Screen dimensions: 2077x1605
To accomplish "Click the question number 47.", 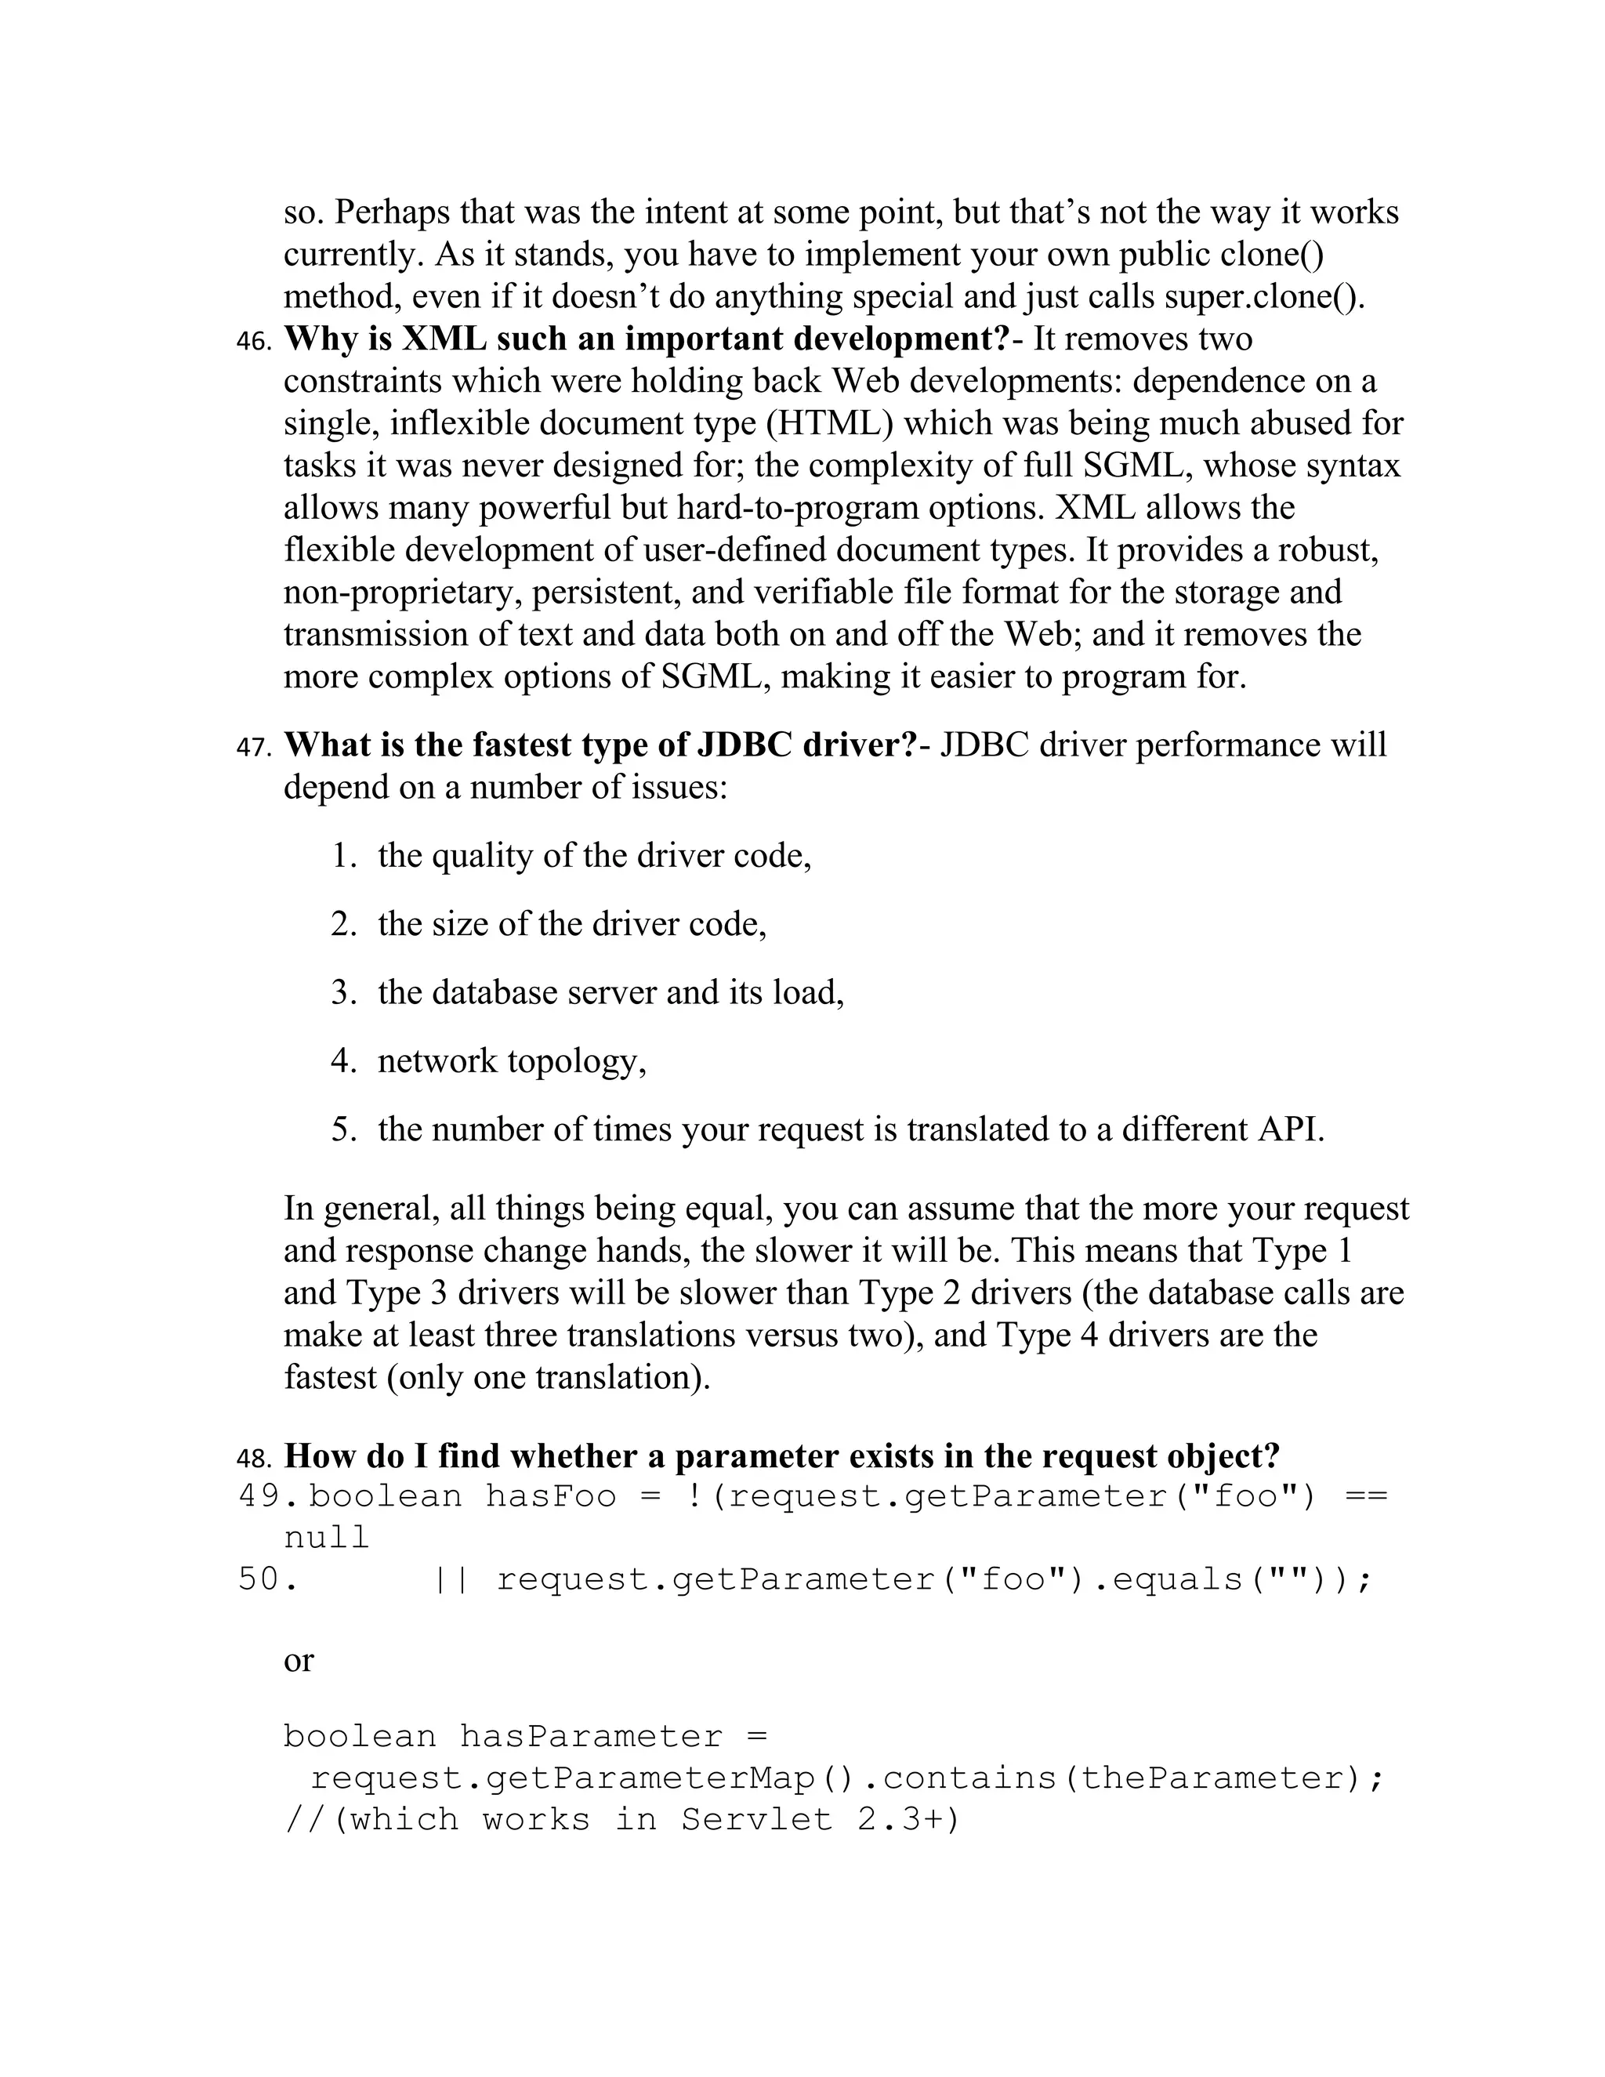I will [x=253, y=748].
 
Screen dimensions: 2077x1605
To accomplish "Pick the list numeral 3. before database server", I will [x=343, y=992].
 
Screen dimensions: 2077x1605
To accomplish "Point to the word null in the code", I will [x=326, y=1538].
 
